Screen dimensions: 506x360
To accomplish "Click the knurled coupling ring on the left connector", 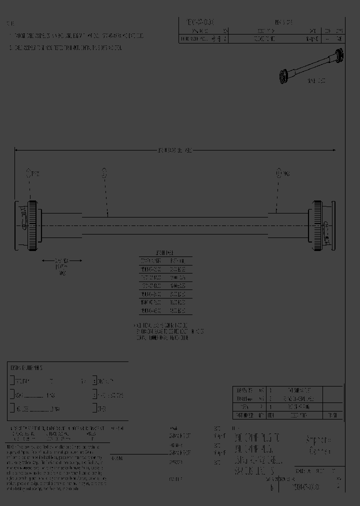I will [x=32, y=225].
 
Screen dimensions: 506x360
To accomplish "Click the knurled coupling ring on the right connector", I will [x=317, y=225].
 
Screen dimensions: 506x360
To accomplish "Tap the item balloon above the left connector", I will [x=29, y=173].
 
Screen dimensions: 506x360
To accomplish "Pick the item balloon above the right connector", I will [x=278, y=173].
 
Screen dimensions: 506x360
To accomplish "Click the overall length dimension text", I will [x=175, y=150].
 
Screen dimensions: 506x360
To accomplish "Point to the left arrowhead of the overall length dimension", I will [x=16, y=150].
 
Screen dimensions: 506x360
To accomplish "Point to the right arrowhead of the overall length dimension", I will [x=334, y=150].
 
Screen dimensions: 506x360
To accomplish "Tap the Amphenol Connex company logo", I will [x=319, y=445].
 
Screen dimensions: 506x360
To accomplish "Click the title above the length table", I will [x=165, y=253].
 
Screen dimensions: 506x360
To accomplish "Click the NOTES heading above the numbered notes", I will [x=10, y=23].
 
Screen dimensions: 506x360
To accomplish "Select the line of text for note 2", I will [x=65, y=48].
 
